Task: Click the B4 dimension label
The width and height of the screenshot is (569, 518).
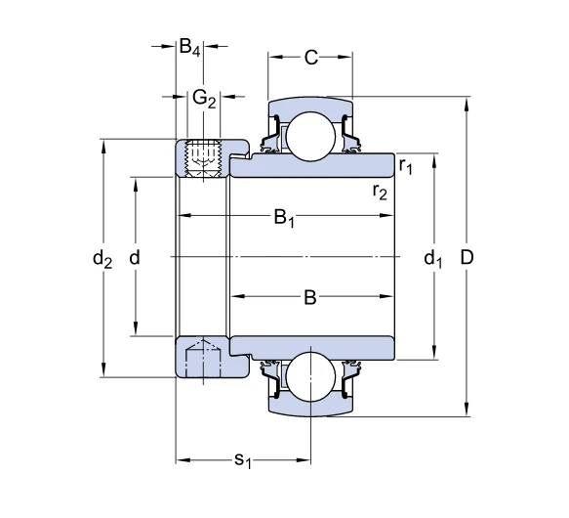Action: (189, 48)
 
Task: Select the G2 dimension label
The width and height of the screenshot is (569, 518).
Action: (204, 99)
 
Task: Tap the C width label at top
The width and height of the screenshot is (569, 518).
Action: (311, 58)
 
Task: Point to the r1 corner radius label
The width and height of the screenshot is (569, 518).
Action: (406, 166)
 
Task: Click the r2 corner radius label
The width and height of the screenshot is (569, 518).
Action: (380, 192)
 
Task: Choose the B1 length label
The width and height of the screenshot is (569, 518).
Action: (284, 218)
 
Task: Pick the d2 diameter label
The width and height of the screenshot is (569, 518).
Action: (102, 259)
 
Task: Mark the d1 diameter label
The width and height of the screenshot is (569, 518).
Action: (433, 259)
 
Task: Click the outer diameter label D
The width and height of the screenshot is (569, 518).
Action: (467, 258)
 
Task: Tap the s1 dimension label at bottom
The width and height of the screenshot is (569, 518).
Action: (243, 460)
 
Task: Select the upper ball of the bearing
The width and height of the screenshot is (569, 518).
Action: (311, 136)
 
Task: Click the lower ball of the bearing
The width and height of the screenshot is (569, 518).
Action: (311, 376)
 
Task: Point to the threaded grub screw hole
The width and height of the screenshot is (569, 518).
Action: (203, 158)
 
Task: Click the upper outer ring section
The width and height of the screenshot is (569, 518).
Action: (310, 107)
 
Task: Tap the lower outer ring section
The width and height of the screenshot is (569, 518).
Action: (310, 407)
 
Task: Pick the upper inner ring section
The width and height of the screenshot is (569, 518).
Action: (312, 165)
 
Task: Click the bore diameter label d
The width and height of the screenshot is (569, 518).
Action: (135, 258)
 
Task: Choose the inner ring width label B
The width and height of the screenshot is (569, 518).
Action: (310, 297)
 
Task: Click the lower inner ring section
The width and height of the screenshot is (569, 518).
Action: (312, 348)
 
